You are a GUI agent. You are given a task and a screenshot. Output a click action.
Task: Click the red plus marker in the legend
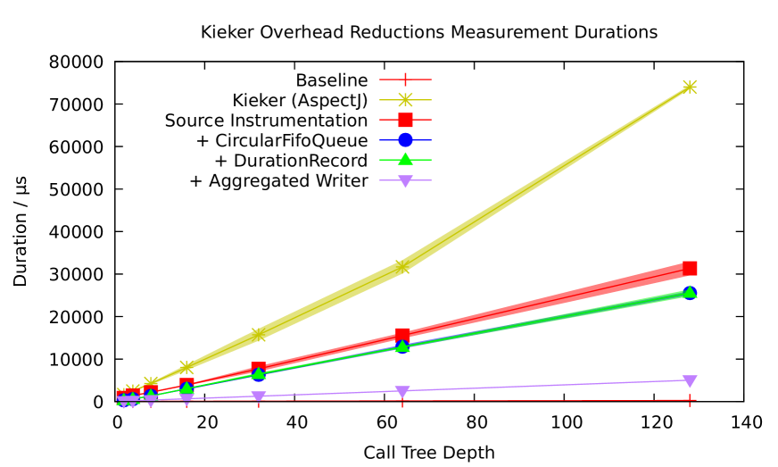click(405, 79)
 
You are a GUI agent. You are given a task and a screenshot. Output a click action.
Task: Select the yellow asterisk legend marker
click(405, 100)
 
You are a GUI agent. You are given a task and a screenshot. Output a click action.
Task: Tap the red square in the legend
click(405, 120)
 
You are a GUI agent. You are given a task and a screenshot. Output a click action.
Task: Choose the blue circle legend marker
click(405, 140)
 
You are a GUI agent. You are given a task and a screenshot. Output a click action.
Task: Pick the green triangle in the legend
click(405, 159)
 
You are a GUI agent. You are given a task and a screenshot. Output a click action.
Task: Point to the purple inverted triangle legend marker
click(405, 181)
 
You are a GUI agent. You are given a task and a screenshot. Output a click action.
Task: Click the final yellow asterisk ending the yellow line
click(690, 87)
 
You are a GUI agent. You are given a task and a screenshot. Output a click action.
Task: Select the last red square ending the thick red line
click(690, 268)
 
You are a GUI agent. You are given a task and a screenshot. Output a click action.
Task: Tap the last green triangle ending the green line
click(690, 291)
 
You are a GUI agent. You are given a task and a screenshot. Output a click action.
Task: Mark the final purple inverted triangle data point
click(690, 381)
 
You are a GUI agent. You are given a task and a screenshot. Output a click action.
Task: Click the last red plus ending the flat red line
click(690, 400)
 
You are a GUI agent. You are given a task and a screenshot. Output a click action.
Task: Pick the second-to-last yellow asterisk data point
click(402, 266)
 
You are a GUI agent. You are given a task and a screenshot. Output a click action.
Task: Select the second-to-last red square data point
click(402, 336)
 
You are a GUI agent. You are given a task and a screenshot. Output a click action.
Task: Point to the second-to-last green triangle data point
click(402, 346)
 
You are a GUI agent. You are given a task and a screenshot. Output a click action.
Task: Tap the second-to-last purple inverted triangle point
click(402, 392)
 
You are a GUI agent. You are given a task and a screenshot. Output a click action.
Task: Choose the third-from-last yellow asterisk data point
click(259, 335)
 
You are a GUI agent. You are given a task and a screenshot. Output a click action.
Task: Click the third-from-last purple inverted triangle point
click(259, 397)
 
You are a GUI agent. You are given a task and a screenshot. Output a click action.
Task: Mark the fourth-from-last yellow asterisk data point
click(186, 367)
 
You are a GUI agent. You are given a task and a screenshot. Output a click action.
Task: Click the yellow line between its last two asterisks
click(546, 176)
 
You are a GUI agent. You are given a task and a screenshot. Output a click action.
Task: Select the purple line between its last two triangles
click(546, 386)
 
